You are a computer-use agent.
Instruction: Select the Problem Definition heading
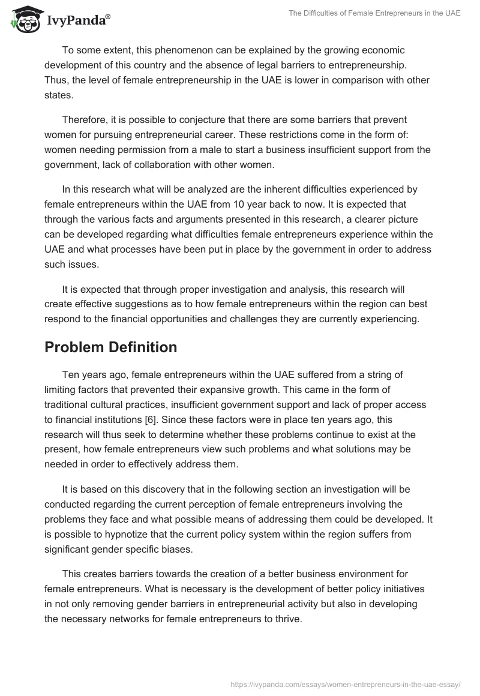[x=110, y=347]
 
